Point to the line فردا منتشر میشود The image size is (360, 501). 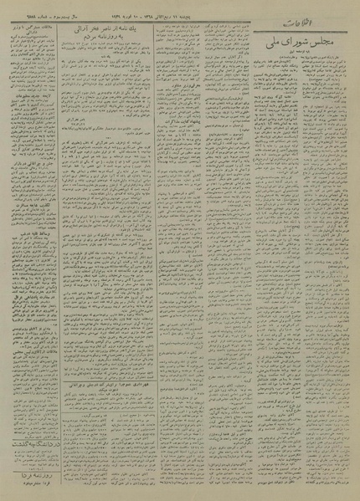33,490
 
